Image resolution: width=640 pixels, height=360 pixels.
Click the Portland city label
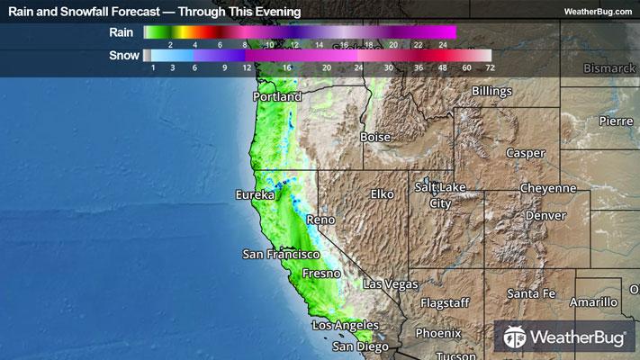click(277, 96)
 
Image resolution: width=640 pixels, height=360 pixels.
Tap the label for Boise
click(375, 138)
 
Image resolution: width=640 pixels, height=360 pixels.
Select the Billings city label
click(491, 92)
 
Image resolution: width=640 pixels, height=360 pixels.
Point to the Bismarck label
click(608, 68)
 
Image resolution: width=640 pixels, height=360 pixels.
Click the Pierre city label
click(616, 121)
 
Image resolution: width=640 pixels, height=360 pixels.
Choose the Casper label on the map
click(526, 153)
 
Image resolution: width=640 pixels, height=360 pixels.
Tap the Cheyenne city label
click(547, 188)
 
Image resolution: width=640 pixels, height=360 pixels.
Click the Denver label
click(546, 216)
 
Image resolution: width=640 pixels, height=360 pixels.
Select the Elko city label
click(383, 194)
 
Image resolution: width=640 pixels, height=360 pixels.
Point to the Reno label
click(320, 220)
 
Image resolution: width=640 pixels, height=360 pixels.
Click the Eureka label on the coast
click(254, 195)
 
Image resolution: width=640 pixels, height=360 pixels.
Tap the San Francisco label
click(282, 255)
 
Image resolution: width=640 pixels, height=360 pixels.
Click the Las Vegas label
click(391, 284)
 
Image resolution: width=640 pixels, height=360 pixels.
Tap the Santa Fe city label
click(531, 294)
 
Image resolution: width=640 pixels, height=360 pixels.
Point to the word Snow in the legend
click(124, 56)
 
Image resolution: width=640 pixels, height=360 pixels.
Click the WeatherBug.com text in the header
click(599, 11)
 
